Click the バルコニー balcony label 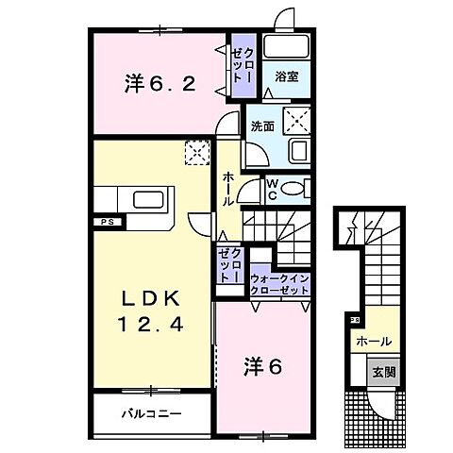[151, 413]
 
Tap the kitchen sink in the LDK [150, 200]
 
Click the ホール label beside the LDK [229, 189]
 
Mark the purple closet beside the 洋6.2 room [242, 66]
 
